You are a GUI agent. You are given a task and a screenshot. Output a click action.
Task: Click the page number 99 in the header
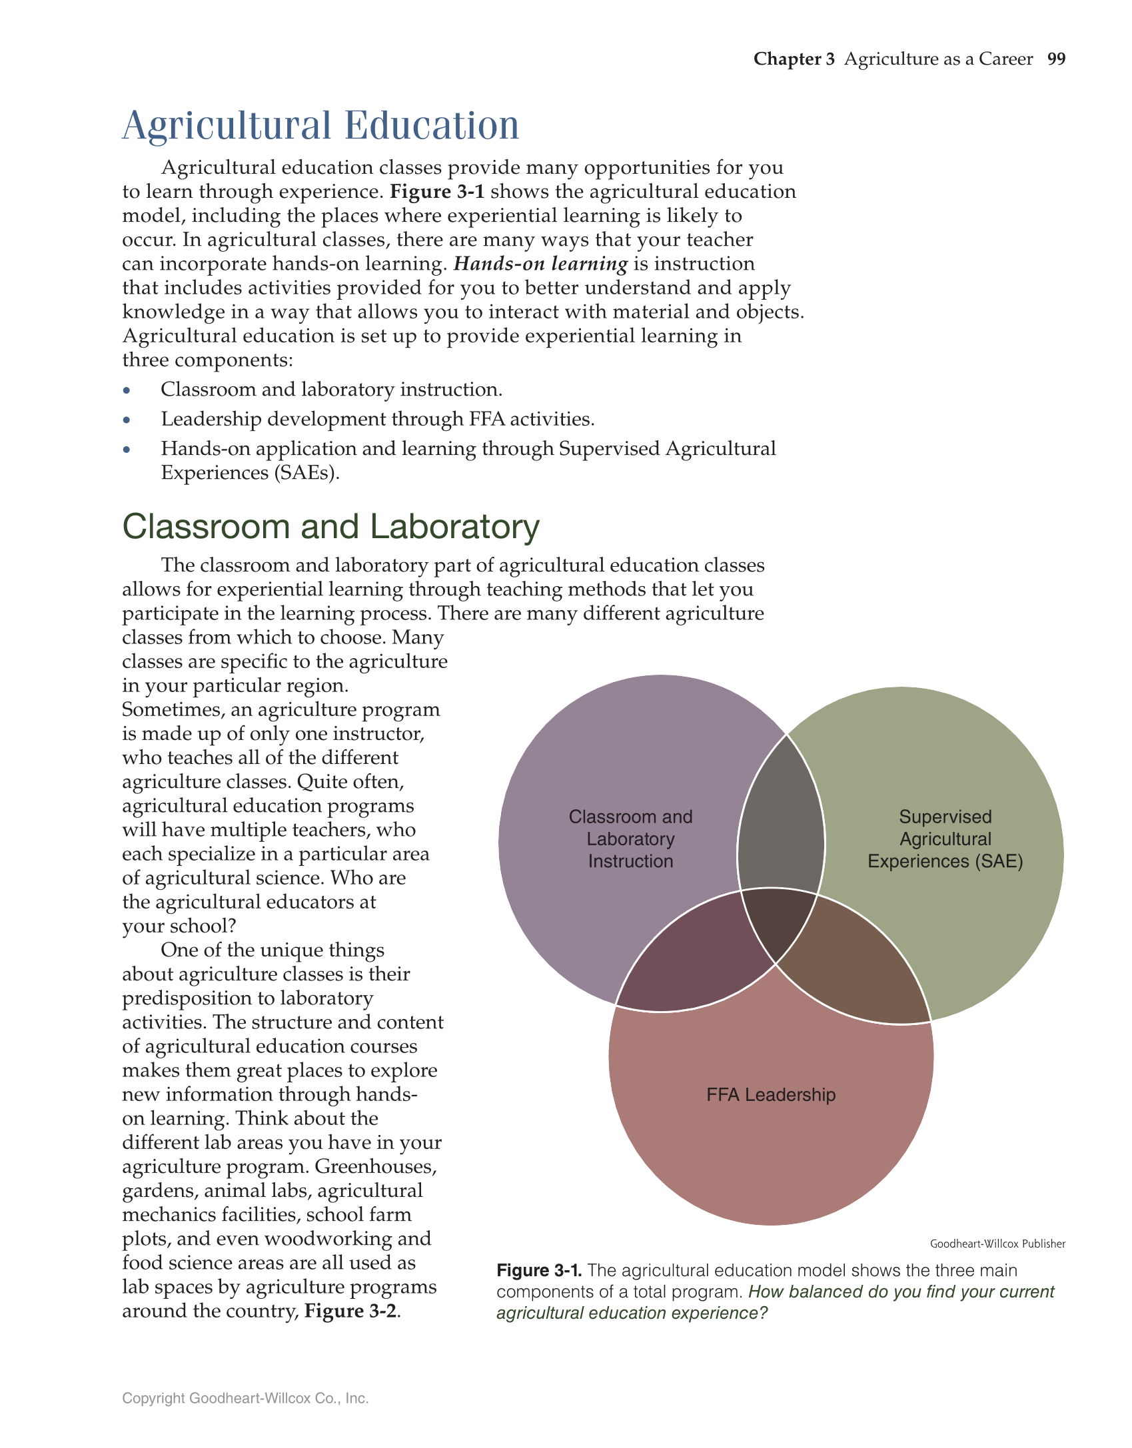point(1056,59)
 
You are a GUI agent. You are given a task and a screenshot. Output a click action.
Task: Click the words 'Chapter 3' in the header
point(794,59)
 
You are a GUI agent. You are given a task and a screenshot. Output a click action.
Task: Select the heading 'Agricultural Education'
point(320,125)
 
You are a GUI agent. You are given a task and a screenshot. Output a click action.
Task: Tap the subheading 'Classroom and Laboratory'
point(330,527)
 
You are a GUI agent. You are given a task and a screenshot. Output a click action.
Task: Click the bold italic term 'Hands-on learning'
point(540,264)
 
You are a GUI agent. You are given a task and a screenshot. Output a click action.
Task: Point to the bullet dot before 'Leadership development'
point(127,420)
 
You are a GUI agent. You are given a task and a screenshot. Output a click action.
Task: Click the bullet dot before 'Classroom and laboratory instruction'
point(127,391)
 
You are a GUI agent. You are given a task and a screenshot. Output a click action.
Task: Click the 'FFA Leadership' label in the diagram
point(771,1095)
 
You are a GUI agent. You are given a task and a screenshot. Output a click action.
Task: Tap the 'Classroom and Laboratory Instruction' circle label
point(630,839)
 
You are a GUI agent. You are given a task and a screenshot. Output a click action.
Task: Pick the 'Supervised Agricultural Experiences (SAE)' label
point(945,839)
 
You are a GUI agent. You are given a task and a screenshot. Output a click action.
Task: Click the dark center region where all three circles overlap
point(776,922)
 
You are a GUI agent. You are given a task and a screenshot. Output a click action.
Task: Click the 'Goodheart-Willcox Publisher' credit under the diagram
point(997,1244)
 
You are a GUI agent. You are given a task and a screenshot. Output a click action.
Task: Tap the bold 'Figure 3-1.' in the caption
point(539,1271)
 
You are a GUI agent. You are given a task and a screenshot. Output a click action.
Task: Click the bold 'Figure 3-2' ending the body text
point(350,1311)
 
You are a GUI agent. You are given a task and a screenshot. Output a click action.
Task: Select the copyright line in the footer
point(245,1398)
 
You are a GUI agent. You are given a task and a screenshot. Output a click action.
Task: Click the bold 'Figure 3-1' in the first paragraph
point(437,192)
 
